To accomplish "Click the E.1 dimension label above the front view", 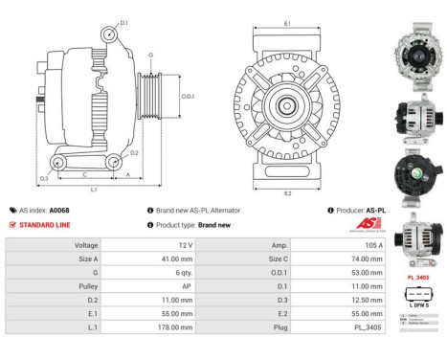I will click(287, 23).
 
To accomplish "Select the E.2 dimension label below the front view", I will click(287, 193).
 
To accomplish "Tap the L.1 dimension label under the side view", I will click(94, 191).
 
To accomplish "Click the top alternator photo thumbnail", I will click(418, 39).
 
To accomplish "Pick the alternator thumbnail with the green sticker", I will click(418, 173).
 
